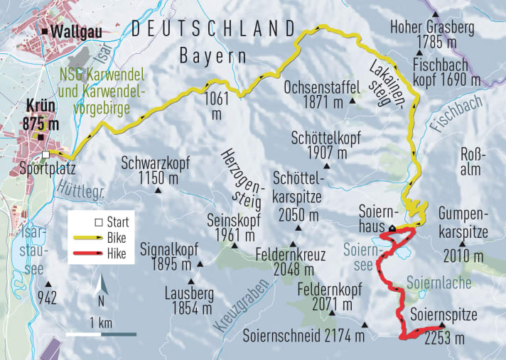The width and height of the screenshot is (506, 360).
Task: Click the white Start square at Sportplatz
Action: pyautogui.click(x=46, y=155)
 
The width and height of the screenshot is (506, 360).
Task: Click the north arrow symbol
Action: pyautogui.click(x=103, y=286)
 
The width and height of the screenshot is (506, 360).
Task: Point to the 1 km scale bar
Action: pyautogui.click(x=102, y=333)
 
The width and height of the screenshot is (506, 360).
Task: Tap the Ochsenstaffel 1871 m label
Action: pyautogui.click(x=314, y=96)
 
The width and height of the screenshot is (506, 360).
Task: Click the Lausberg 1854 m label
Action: pyautogui.click(x=187, y=301)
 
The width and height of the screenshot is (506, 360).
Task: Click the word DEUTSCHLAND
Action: pyautogui.click(x=213, y=28)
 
